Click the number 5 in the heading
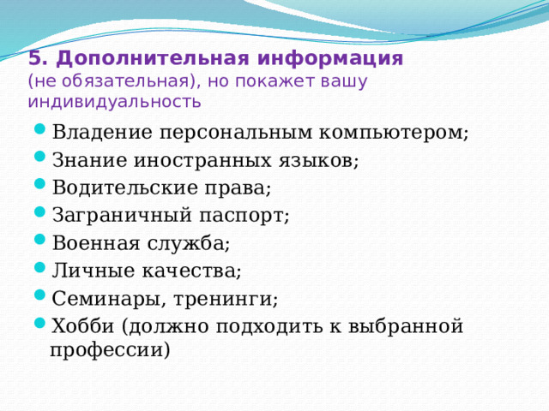click(x=34, y=59)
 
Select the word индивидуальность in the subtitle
click(x=114, y=103)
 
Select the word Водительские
click(x=118, y=188)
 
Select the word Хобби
click(x=83, y=325)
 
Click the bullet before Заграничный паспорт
click(x=41, y=215)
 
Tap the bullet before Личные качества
click(x=41, y=271)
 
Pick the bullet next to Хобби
click(x=41, y=325)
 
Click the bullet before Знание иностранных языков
click(x=41, y=160)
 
